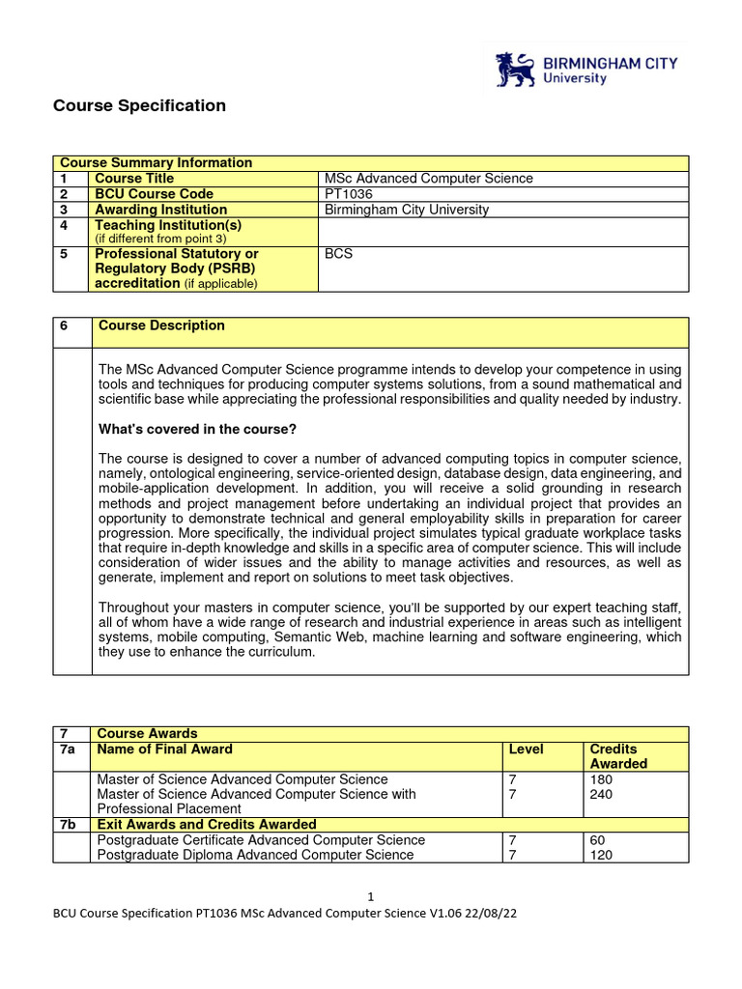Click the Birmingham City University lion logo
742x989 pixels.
tap(515, 71)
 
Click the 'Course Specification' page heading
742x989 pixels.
tap(139, 106)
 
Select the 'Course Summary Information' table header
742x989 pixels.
tap(156, 163)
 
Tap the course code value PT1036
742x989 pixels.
tap(348, 194)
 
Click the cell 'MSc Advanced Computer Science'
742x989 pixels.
tap(428, 179)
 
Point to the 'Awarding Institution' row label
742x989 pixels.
tap(160, 210)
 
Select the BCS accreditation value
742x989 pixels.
tap(339, 254)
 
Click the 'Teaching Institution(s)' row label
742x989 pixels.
tap(168, 225)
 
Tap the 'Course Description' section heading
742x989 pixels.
tap(159, 326)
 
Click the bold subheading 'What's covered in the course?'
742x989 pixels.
tap(197, 429)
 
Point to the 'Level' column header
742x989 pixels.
tap(526, 749)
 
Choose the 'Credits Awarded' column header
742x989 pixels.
tap(617, 756)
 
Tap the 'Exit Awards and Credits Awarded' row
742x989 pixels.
tap(206, 825)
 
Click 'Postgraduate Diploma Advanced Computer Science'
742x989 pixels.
tap(255, 855)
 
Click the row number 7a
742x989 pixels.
tap(68, 749)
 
